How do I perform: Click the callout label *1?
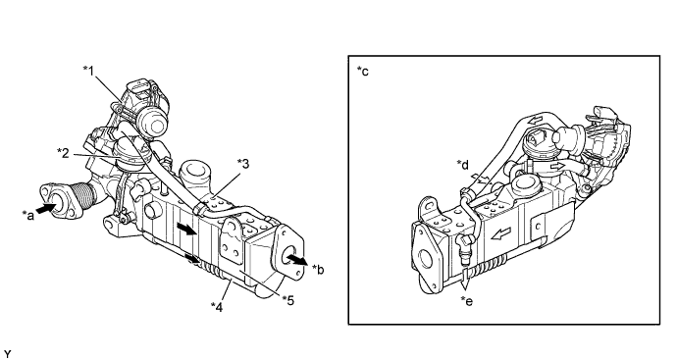89,71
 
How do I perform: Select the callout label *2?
64,152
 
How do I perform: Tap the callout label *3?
244,164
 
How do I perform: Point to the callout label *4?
217,307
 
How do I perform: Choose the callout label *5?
288,299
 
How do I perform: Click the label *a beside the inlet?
28,215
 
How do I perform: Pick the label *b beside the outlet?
318,270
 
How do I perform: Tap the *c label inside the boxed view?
363,72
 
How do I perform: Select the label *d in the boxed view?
463,165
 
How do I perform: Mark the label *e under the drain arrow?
467,301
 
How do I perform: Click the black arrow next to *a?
46,208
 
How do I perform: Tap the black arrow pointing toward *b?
297,259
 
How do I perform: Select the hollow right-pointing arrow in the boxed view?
558,166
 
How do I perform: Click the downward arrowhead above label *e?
465,284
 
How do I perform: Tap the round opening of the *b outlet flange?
287,255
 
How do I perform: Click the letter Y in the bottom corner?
8,355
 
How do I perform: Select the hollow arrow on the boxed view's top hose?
536,121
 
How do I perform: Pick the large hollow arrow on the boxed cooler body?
501,234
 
